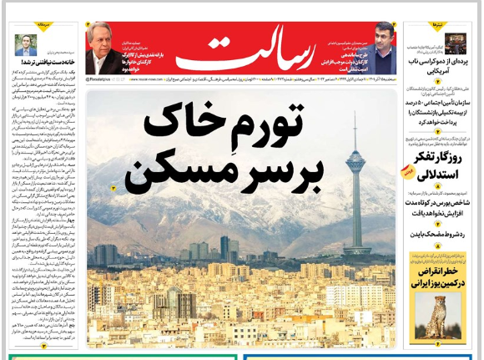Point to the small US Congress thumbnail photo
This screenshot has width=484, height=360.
coord(455,43)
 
